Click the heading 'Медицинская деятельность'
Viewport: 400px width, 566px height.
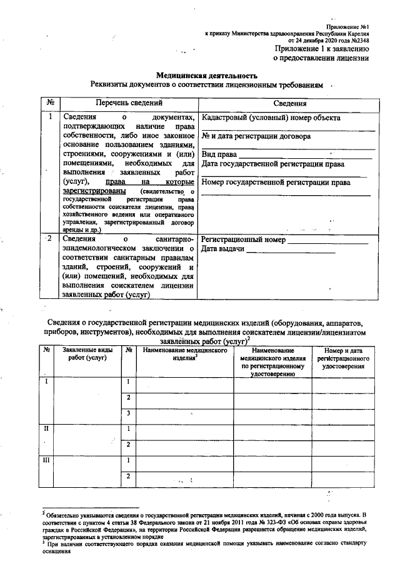pos(206,74)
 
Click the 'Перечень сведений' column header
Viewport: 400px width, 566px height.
pos(127,102)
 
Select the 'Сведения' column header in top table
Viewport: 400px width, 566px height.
pos(288,103)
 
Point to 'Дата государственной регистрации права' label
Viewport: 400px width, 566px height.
pos(273,164)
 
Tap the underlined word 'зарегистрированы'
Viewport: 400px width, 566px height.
pos(94,190)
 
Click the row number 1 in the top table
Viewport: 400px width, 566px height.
pos(49,116)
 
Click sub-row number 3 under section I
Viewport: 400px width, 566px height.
pos(128,413)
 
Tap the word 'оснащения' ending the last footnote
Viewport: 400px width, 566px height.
pos(56,558)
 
